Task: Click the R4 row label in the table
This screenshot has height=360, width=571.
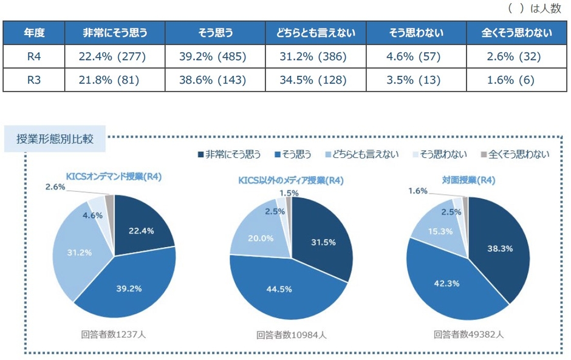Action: point(34,57)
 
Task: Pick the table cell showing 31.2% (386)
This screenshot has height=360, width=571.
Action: point(315,57)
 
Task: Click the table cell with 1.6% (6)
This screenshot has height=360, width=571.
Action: point(518,80)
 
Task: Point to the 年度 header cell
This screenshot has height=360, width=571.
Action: point(34,33)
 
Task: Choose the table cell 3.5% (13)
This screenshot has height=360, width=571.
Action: point(417,80)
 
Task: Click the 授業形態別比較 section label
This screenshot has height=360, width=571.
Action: point(55,138)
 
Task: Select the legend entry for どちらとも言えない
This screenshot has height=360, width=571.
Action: point(361,154)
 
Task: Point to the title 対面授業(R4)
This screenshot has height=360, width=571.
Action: point(468,180)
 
